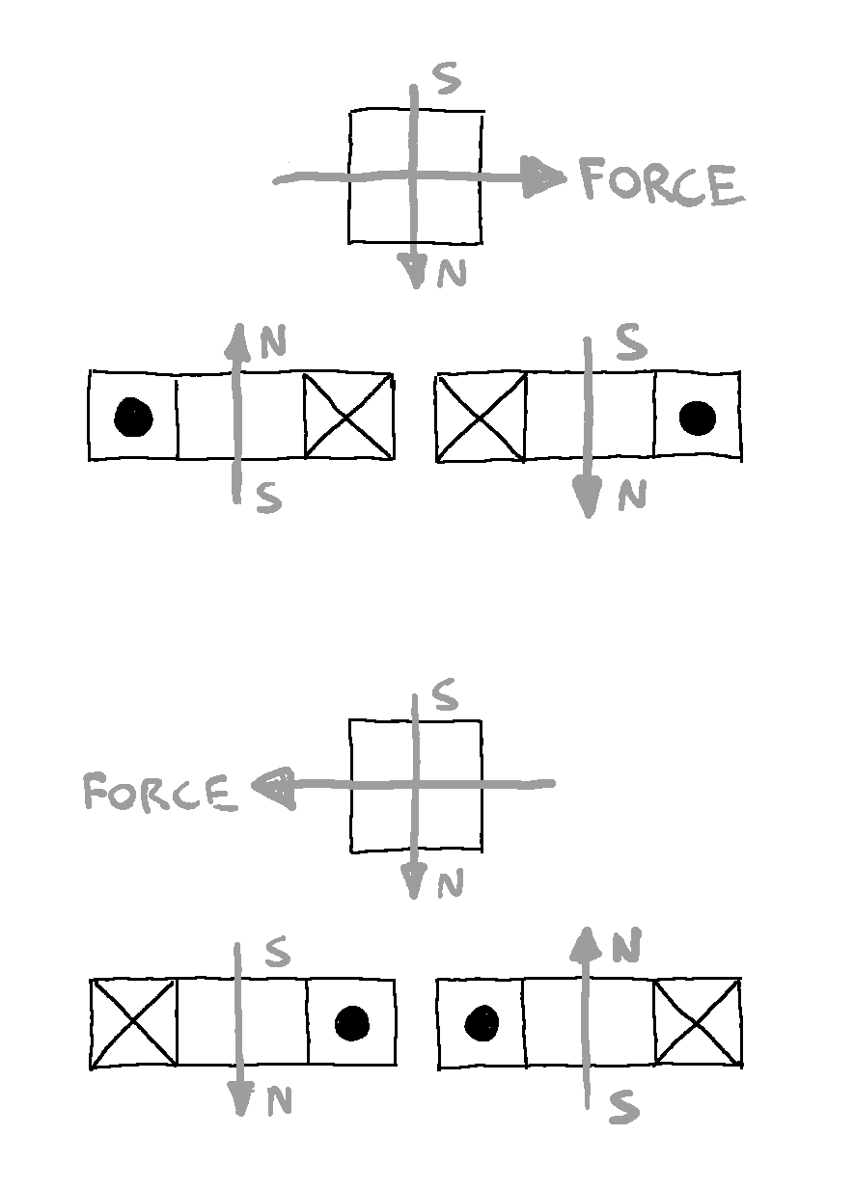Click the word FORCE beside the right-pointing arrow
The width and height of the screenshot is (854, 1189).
pyautogui.click(x=662, y=183)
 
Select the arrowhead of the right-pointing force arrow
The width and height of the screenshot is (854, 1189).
pyautogui.click(x=542, y=178)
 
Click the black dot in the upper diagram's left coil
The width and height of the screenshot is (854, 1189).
pyautogui.click(x=133, y=418)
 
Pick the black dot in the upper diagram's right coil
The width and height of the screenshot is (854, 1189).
pyautogui.click(x=697, y=418)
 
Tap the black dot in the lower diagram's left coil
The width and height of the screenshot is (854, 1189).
pyautogui.click(x=352, y=1023)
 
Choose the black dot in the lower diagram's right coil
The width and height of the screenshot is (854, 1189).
pyautogui.click(x=481, y=1022)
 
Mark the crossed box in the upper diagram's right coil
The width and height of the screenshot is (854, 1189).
pyautogui.click(x=481, y=417)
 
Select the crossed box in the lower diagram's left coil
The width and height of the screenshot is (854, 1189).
pyautogui.click(x=134, y=1022)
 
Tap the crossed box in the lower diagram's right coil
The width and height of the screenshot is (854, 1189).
pyautogui.click(x=698, y=1022)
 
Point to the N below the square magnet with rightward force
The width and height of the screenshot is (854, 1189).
pyautogui.click(x=452, y=275)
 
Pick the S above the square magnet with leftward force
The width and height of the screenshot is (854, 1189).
pyautogui.click(x=445, y=696)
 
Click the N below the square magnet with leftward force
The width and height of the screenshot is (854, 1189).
pyautogui.click(x=450, y=884)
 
